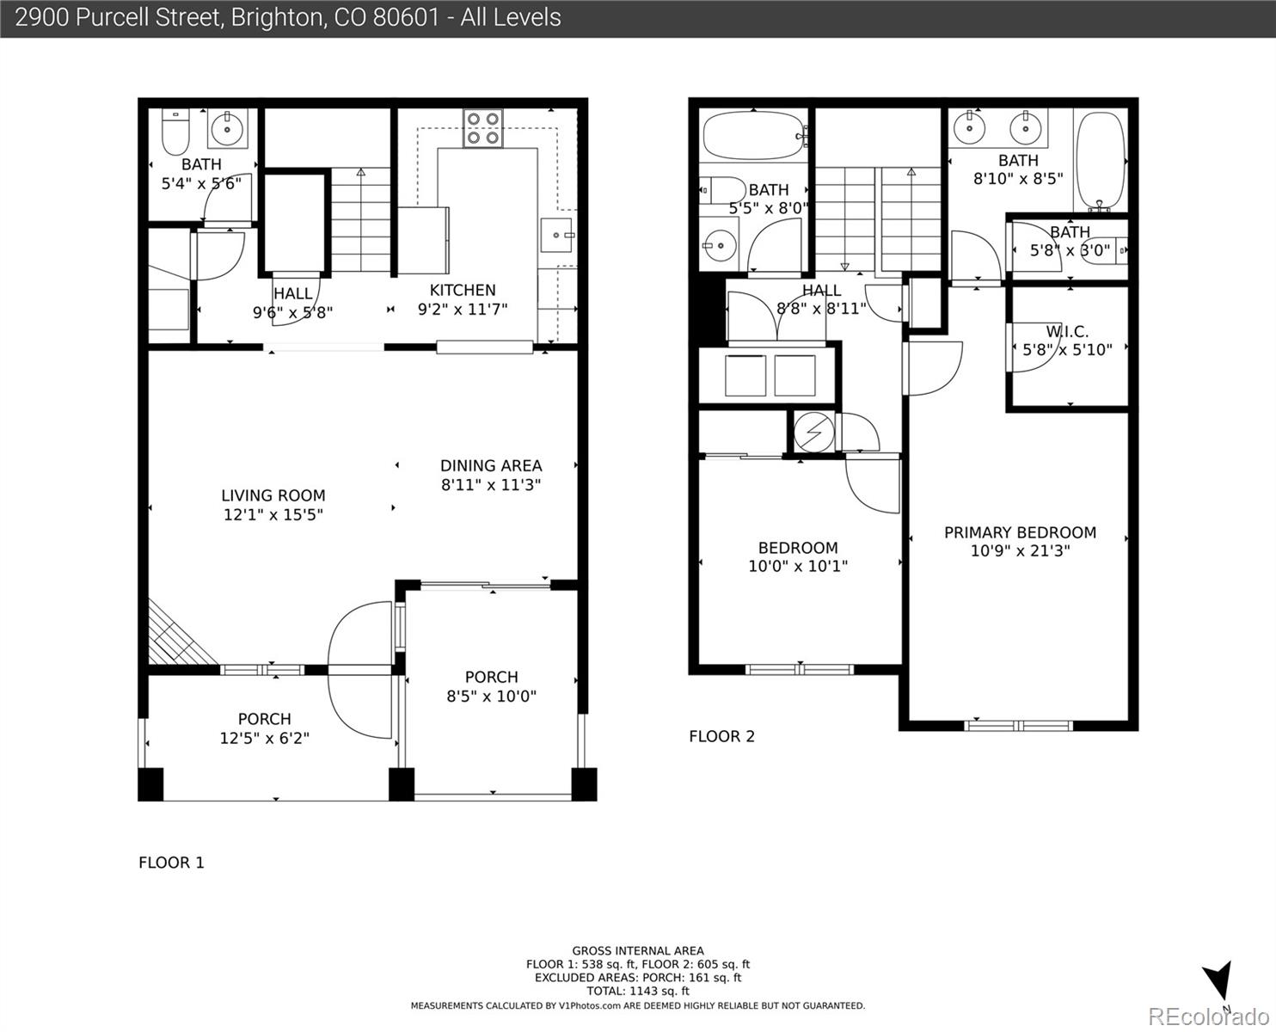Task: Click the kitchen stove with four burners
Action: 483,128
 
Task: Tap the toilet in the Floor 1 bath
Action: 175,132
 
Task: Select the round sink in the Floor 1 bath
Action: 227,128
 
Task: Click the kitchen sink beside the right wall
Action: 558,236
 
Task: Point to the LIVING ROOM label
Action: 273,496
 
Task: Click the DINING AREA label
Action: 491,466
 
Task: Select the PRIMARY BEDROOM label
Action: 1021,532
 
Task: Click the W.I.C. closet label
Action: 1068,331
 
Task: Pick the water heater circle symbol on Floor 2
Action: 814,432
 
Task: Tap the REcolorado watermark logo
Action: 1208,1017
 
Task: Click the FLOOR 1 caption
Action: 171,863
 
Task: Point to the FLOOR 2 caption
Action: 722,736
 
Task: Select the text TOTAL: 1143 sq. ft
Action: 638,992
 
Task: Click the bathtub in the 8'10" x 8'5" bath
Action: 1101,161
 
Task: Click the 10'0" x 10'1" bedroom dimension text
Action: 798,566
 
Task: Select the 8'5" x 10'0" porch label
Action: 491,696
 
